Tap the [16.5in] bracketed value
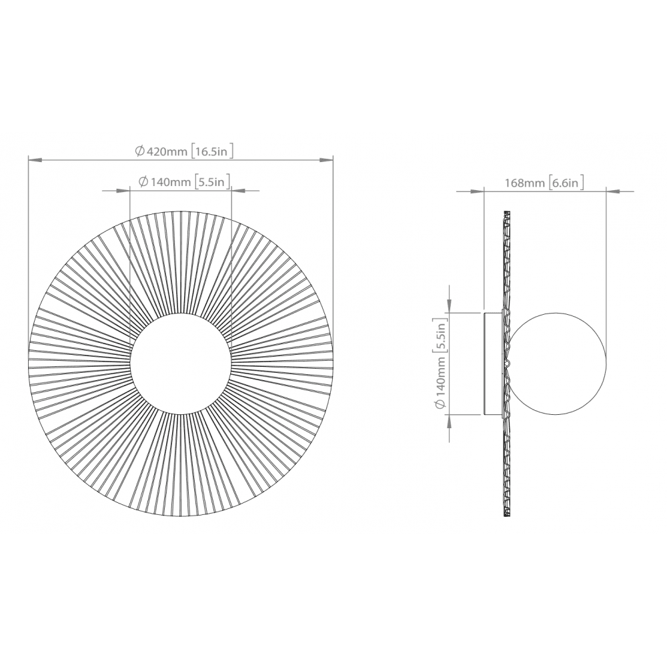tap(212, 151)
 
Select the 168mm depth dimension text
tap(524, 183)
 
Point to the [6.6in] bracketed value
tap(566, 183)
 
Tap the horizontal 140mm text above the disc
tap(165, 182)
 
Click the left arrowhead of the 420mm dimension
tap(35, 160)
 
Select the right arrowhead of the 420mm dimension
tap(326, 160)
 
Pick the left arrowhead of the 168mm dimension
tap(478, 191)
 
